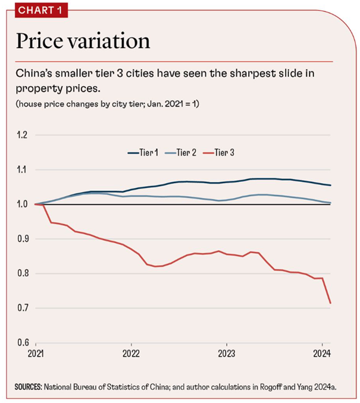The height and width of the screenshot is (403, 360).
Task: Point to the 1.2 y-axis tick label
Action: [22, 136]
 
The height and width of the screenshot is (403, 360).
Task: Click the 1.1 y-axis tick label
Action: [22, 170]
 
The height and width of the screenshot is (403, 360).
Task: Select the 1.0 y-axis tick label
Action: [22, 204]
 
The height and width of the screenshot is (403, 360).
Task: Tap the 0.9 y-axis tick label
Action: [22, 239]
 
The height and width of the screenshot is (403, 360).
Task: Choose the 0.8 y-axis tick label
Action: [22, 273]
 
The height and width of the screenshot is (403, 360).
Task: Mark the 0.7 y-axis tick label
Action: [22, 308]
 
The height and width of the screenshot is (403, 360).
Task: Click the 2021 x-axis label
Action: [36, 354]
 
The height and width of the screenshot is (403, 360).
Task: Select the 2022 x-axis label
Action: [131, 354]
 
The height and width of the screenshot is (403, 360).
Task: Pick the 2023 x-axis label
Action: [226, 354]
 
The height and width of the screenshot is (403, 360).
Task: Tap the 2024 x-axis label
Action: [321, 354]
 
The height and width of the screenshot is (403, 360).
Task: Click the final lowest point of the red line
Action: [330, 303]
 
